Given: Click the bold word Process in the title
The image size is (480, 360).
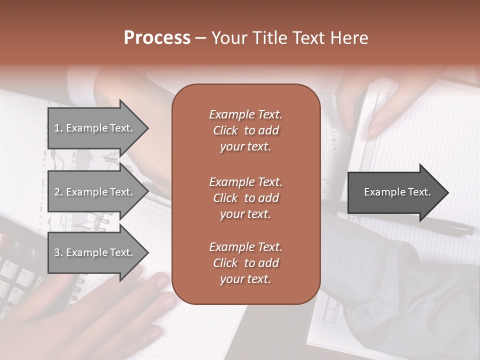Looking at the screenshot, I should click(157, 38).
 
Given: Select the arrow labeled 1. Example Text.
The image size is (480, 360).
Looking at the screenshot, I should click(95, 128).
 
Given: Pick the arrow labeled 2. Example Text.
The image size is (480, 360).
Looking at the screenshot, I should click(95, 192).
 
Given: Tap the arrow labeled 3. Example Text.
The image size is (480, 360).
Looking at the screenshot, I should click(95, 252).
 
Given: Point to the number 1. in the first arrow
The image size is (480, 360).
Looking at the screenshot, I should click(58, 128).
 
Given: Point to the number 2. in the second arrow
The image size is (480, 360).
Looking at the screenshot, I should click(58, 192).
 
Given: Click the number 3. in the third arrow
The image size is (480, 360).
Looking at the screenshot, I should click(58, 252).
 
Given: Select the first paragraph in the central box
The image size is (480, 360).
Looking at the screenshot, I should click(245, 130).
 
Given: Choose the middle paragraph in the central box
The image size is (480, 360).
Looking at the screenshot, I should click(245, 197).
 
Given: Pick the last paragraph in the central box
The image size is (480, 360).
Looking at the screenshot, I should click(245, 263).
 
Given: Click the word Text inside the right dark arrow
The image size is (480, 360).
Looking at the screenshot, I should click(419, 192).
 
